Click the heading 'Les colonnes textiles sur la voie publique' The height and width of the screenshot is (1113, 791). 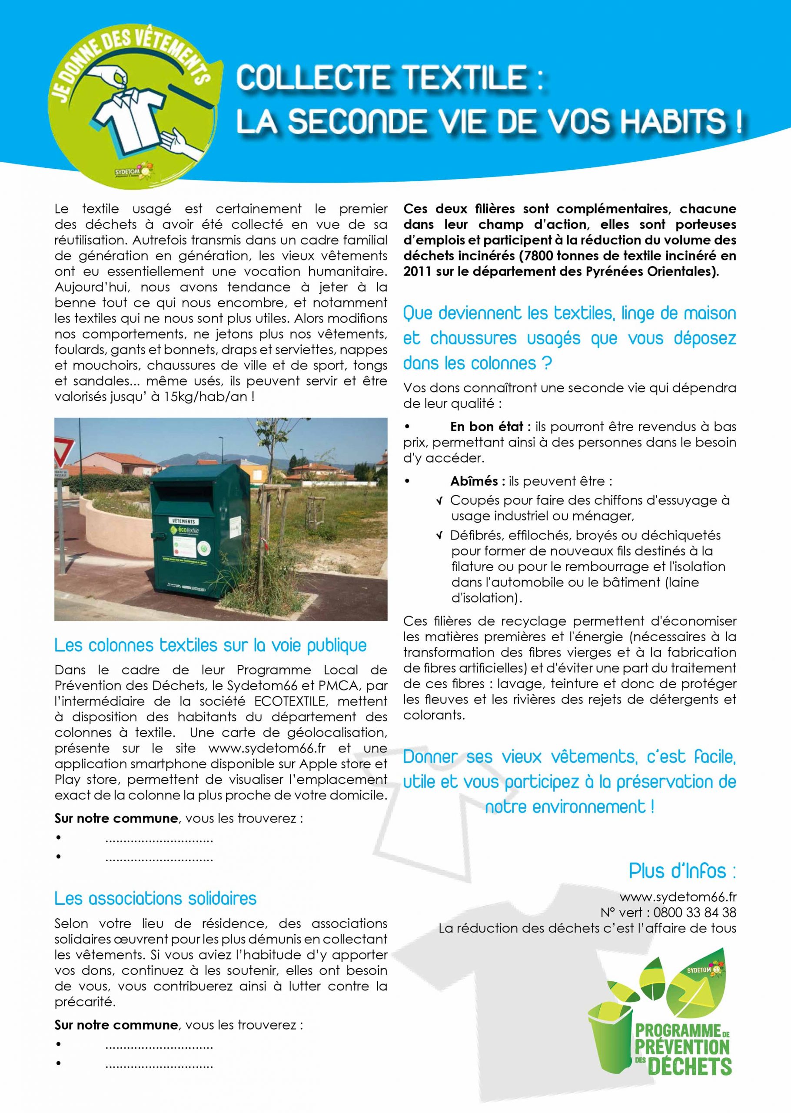pyautogui.click(x=210, y=645)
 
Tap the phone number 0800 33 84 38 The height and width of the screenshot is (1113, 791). pyautogui.click(x=695, y=912)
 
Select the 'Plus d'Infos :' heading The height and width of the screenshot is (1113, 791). pyautogui.click(x=682, y=871)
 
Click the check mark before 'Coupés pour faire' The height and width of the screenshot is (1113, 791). pyautogui.click(x=440, y=500)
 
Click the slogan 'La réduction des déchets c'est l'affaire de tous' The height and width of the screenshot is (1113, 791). pyautogui.click(x=588, y=928)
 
